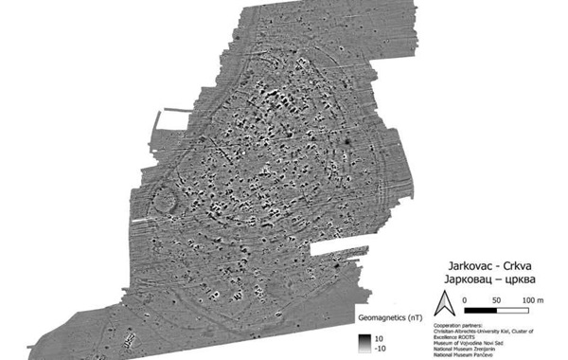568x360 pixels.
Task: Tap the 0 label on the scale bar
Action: click(x=465, y=299)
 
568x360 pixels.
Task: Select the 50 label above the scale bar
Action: click(x=497, y=299)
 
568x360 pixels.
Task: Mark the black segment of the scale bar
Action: click(x=482, y=309)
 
